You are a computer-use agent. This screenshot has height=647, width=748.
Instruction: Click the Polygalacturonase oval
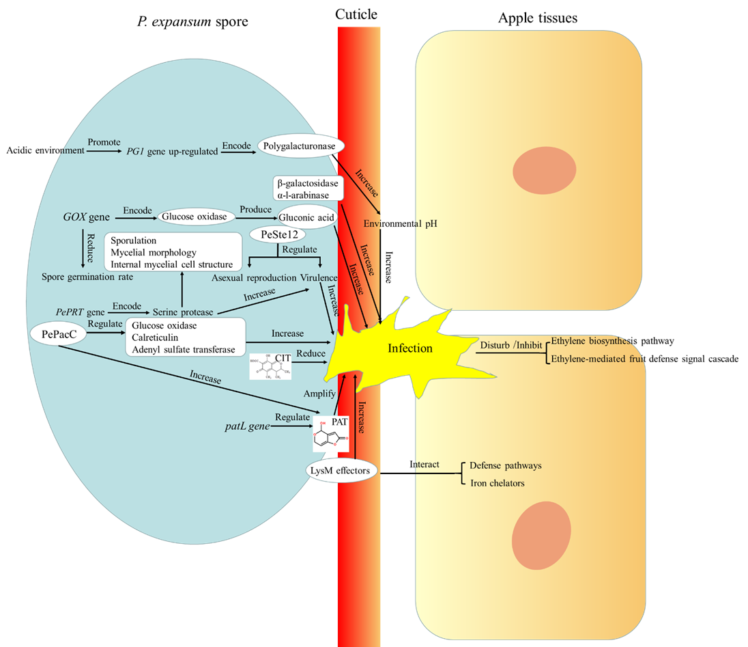tap(301, 146)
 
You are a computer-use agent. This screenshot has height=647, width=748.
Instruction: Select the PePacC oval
tap(57, 333)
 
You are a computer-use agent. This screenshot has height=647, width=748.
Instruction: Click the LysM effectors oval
tap(341, 470)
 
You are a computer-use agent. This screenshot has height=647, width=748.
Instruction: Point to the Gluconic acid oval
tap(307, 217)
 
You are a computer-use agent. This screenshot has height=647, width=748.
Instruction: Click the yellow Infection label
tap(409, 348)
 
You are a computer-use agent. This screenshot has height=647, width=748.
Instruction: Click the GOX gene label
tap(86, 217)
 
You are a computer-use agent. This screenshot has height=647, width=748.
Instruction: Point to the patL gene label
tap(247, 426)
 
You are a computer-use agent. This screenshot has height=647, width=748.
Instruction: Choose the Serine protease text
tap(182, 312)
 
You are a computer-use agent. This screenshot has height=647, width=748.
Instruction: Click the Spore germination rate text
tap(87, 277)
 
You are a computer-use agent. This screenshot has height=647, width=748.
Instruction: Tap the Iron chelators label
tap(497, 483)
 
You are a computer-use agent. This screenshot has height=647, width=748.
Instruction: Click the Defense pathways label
tap(505, 466)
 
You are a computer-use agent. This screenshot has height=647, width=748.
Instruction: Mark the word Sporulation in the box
tap(134, 240)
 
